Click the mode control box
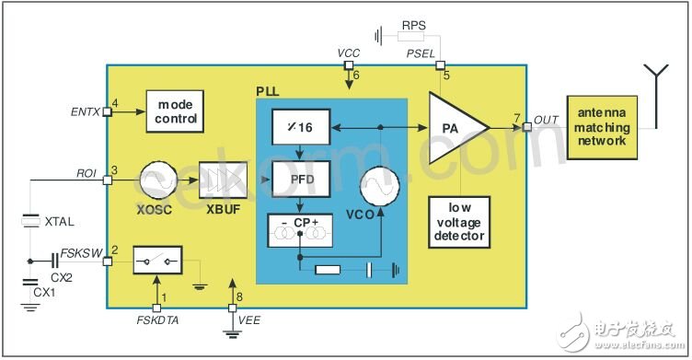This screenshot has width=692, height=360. (x=175, y=111)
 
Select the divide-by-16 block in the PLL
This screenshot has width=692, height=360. (x=301, y=127)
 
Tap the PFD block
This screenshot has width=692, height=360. (x=301, y=179)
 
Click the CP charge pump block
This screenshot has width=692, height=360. (x=300, y=230)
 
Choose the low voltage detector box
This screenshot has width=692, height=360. (x=459, y=222)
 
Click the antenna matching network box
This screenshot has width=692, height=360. (x=602, y=128)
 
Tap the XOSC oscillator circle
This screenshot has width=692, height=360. (x=158, y=180)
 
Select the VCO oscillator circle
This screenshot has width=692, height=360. (x=379, y=186)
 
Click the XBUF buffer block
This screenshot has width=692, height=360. (x=223, y=180)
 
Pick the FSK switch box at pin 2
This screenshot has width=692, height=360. (x=157, y=261)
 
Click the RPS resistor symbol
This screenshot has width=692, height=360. (x=410, y=36)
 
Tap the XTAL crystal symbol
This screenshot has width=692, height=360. (x=30, y=221)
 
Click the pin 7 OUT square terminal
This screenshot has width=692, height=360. (x=527, y=127)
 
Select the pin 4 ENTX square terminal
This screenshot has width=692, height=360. (x=107, y=111)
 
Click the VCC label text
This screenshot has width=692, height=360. (x=349, y=53)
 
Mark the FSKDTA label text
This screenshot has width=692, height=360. (x=157, y=320)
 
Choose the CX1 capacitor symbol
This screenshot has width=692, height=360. (x=30, y=283)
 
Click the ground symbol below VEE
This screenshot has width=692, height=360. (x=232, y=334)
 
